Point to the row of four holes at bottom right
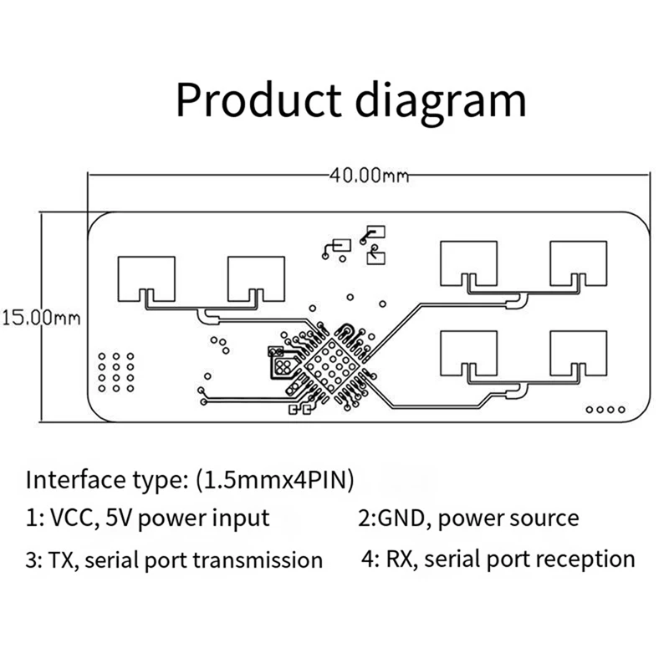point(605,410)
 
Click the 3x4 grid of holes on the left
point(116,372)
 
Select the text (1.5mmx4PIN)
point(275,480)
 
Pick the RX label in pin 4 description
point(403,558)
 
